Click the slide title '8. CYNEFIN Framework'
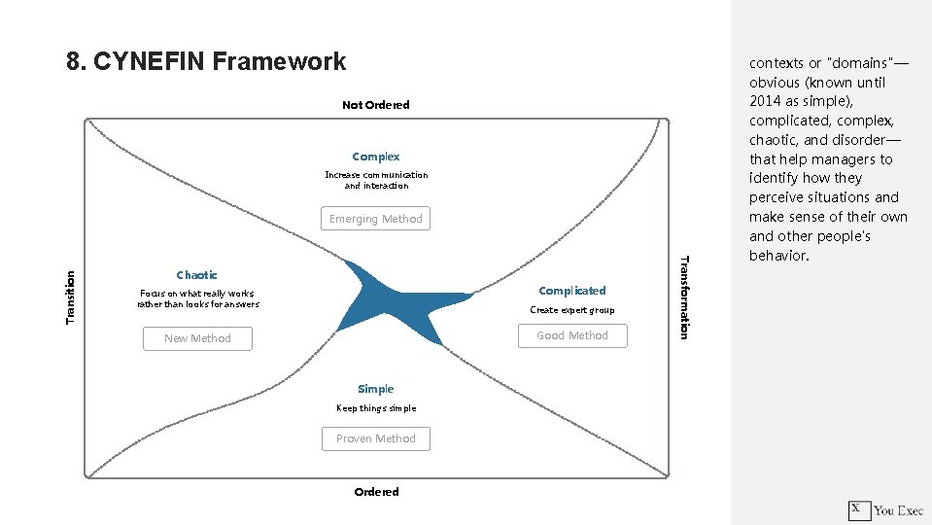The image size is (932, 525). (x=206, y=62)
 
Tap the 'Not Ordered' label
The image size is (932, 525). (x=376, y=105)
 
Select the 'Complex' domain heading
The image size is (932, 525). (x=376, y=157)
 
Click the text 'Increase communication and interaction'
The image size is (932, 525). (x=376, y=180)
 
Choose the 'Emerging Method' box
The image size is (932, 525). (x=376, y=219)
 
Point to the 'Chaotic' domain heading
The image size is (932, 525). (x=197, y=275)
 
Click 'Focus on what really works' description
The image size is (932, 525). (x=197, y=298)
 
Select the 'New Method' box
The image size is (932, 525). (x=197, y=338)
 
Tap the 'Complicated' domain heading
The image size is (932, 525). (x=571, y=291)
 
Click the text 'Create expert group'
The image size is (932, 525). (x=571, y=310)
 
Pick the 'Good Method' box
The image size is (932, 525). (x=571, y=335)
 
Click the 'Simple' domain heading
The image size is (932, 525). (x=376, y=389)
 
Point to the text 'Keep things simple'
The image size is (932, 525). (x=376, y=408)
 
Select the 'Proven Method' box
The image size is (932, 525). (x=376, y=438)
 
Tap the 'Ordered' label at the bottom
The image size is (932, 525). (x=376, y=492)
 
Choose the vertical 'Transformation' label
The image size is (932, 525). (x=683, y=297)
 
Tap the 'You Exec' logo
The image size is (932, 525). (x=886, y=509)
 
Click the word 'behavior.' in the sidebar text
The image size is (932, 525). (x=778, y=256)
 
